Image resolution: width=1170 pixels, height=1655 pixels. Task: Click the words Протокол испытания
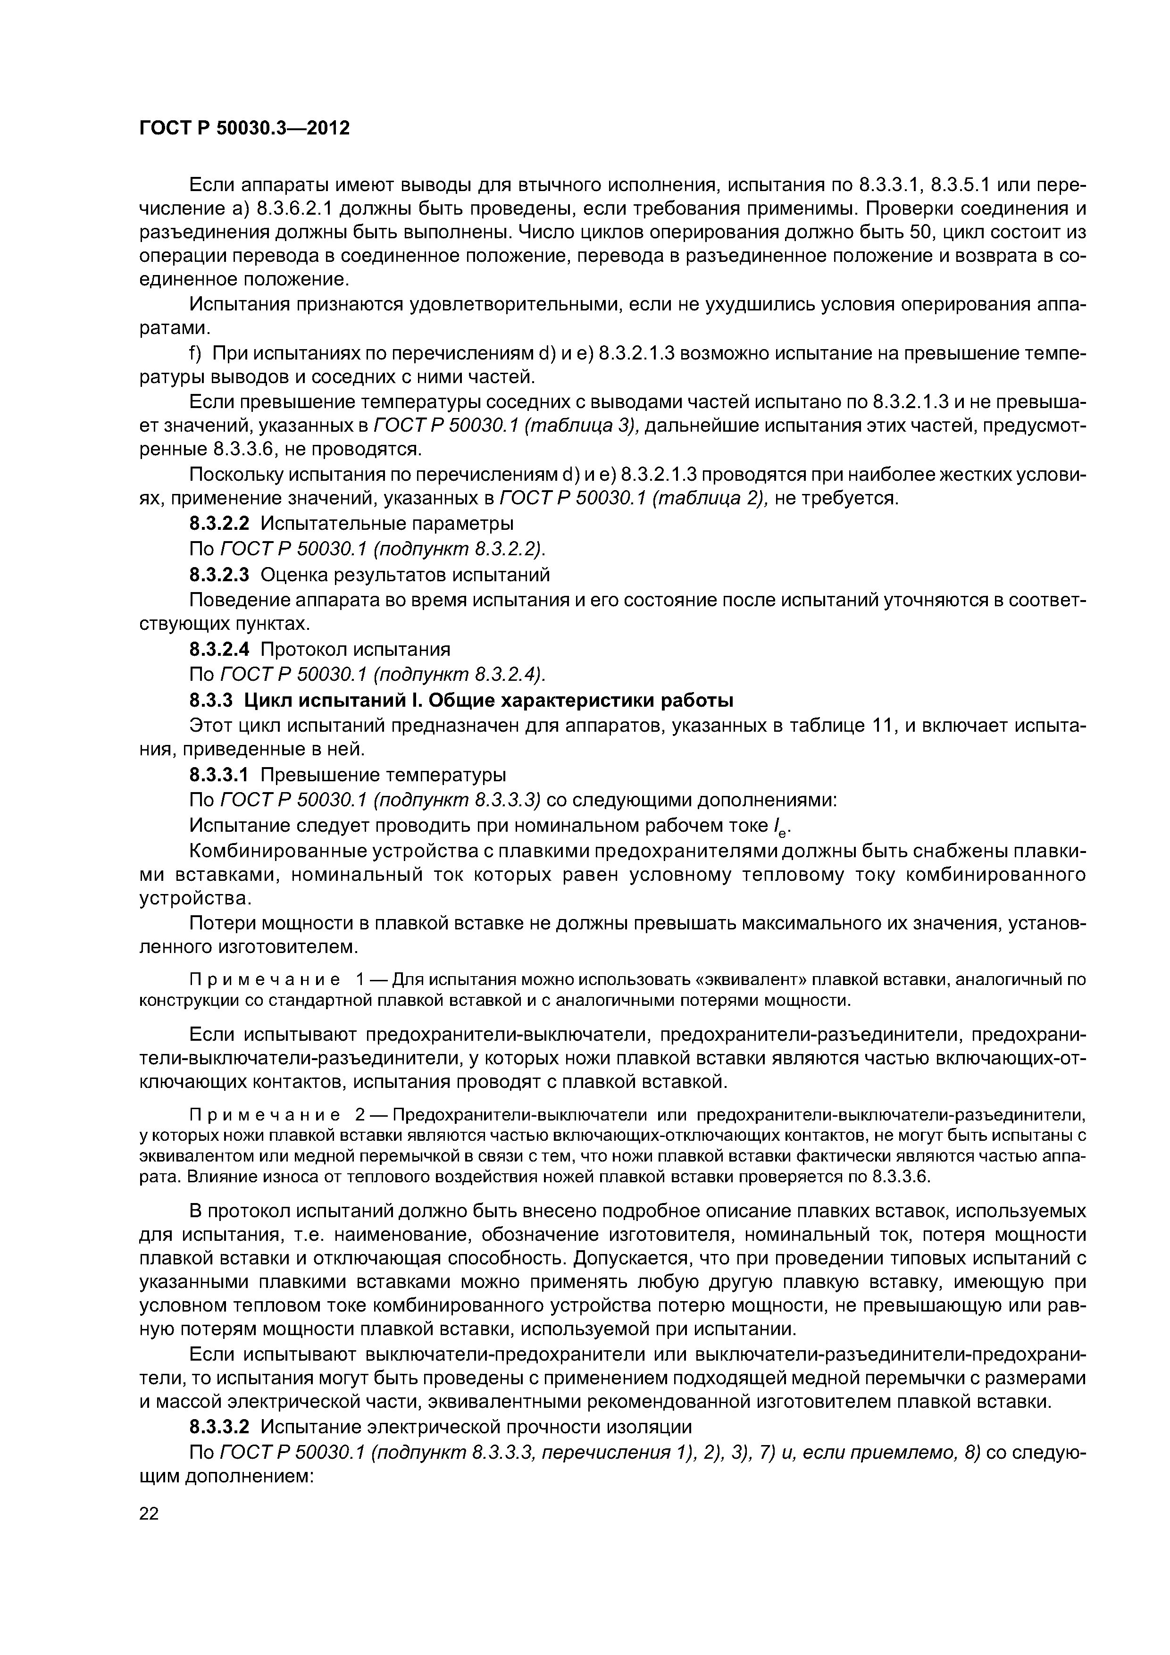(355, 650)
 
